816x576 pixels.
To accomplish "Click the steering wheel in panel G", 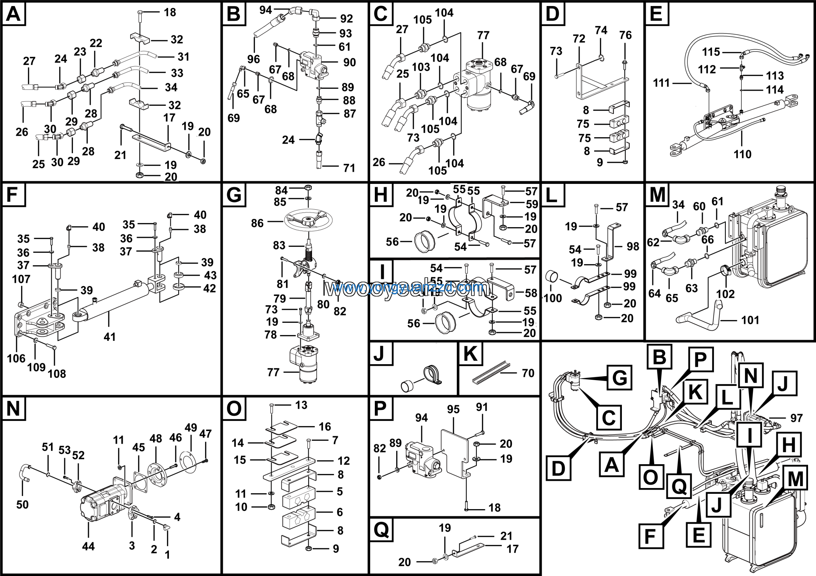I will [308, 221].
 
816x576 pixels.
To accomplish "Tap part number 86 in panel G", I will [257, 223].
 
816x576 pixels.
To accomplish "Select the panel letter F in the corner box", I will [13, 195].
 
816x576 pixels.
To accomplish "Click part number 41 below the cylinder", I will [109, 337].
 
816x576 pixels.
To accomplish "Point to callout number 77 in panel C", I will [483, 35].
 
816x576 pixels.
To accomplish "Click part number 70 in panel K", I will [528, 373].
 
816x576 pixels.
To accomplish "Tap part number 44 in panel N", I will [88, 546].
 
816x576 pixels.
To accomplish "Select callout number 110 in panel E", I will [742, 154].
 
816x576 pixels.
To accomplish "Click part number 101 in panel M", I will [750, 320].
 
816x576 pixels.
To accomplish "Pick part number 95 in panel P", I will [453, 409].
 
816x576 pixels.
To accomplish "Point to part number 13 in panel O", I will [301, 405].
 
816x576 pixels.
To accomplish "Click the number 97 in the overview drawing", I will [797, 418].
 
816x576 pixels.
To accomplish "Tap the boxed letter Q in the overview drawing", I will [679, 486].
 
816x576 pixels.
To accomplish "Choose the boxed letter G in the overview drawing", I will [619, 378].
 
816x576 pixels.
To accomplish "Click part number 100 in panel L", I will [553, 298].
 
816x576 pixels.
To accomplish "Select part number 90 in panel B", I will [349, 62].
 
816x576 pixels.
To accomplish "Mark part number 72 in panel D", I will [579, 39].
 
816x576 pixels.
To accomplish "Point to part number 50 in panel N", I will [22, 505].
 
